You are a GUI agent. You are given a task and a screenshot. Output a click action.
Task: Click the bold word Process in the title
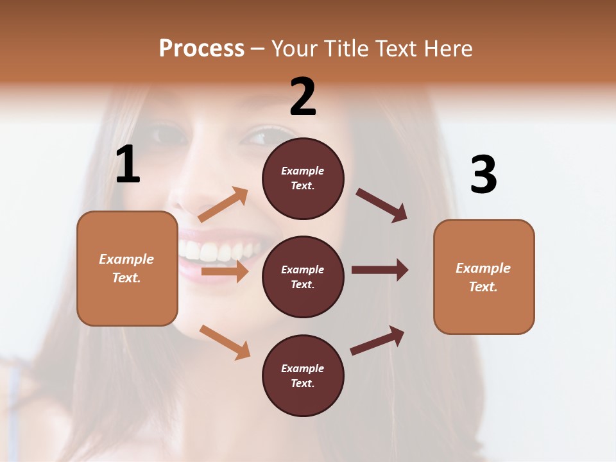[201, 49]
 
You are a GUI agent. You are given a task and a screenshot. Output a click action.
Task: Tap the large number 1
[128, 165]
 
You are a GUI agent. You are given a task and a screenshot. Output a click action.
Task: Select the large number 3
[484, 175]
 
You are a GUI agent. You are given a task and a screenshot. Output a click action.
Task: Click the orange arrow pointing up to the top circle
[223, 205]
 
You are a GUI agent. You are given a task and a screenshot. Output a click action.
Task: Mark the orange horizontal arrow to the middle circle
[225, 271]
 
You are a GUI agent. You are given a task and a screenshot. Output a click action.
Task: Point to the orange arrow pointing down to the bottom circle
[225, 342]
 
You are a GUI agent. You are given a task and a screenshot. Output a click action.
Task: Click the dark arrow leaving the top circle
[382, 205]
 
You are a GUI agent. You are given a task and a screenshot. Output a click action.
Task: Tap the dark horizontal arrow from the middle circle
[380, 270]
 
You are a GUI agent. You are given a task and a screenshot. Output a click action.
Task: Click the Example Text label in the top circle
[303, 178]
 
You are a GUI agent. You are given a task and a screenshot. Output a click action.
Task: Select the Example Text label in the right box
[483, 277]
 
